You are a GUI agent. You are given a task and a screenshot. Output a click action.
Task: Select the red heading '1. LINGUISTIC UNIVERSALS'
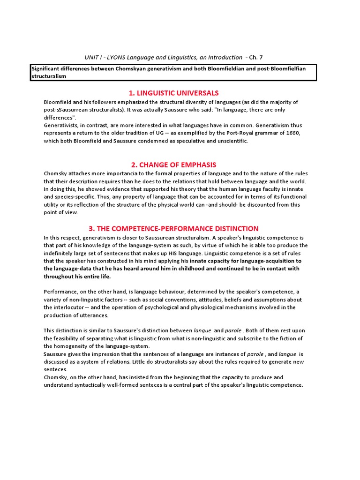(174, 93)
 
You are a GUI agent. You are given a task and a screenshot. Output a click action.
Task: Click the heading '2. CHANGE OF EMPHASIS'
(174, 165)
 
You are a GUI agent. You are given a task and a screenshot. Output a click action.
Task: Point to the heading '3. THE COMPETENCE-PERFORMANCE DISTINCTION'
(174, 229)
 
